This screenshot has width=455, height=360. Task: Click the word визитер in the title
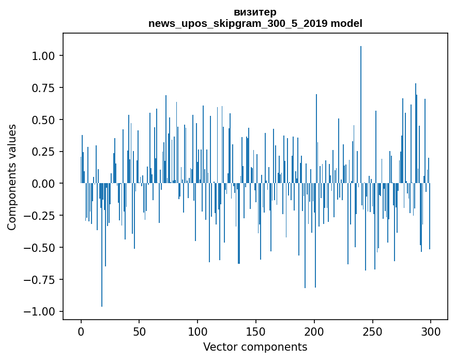coord(255,12)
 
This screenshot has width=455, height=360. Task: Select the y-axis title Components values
coord(12,177)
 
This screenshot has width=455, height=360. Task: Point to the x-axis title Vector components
coord(255,347)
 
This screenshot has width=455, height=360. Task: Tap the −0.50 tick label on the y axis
coord(41,248)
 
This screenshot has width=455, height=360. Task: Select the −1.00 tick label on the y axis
coord(41,311)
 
